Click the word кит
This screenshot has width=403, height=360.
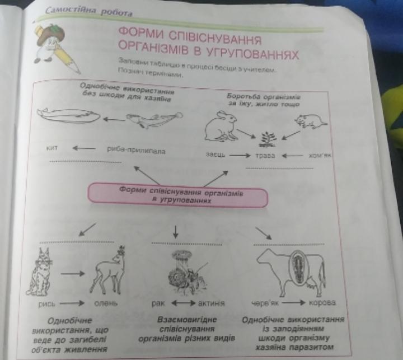tap(53, 149)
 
